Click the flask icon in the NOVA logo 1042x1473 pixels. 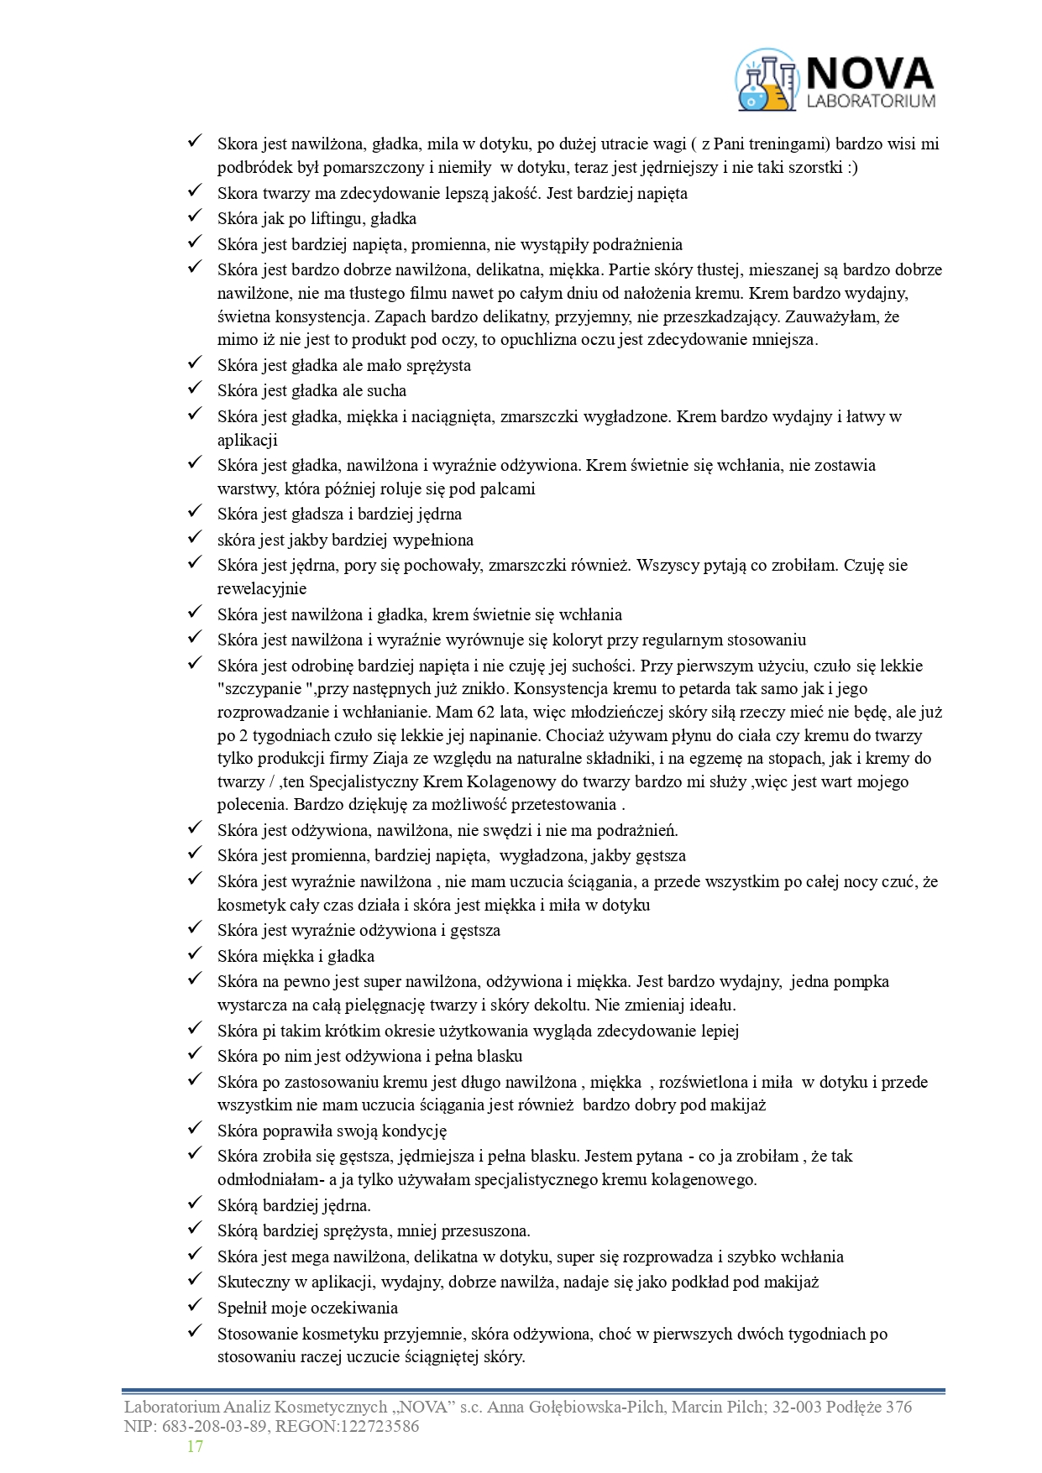coord(765,80)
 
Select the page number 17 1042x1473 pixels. coord(195,1446)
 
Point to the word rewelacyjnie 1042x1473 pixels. coord(262,589)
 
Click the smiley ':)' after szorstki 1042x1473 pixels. coord(851,167)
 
